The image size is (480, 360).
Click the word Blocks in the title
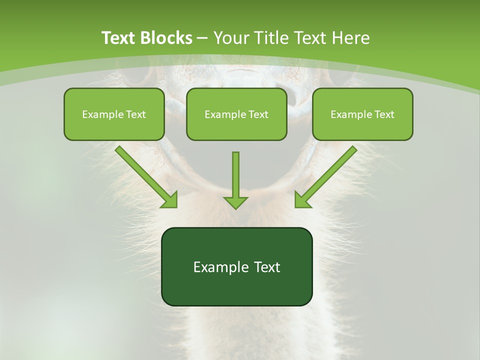coord(167,38)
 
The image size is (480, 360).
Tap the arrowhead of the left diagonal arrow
coord(170,200)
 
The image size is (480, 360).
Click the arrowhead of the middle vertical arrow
coord(235,202)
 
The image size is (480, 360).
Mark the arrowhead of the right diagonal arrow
coord(301,200)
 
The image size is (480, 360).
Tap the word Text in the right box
coord(384,114)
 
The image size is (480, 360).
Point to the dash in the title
coord(203,38)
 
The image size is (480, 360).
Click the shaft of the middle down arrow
coord(235,172)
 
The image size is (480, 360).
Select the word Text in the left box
coord(135,114)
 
